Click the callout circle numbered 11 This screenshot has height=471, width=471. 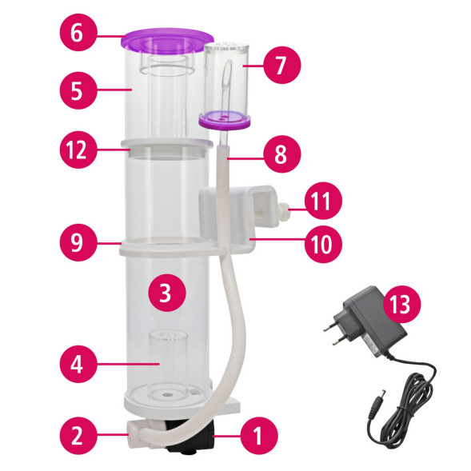[x=323, y=201]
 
